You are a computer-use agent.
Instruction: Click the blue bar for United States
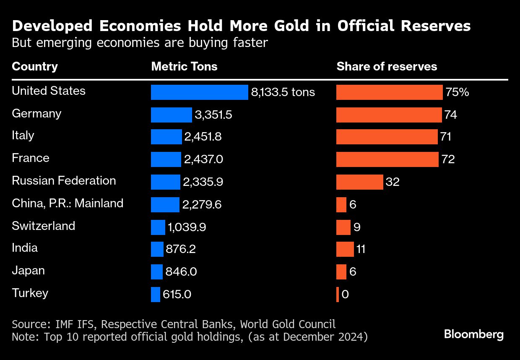(199, 92)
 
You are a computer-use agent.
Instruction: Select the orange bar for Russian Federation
(359, 182)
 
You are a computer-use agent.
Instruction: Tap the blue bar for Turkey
(156, 294)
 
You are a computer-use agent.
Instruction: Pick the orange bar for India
(345, 249)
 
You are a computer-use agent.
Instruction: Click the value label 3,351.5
(213, 115)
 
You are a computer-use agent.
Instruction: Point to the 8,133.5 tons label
(283, 92)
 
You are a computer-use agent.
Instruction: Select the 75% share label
(458, 92)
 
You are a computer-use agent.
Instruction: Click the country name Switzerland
(44, 226)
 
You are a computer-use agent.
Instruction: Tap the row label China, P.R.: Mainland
(68, 203)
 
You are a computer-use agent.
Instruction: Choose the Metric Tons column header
(184, 66)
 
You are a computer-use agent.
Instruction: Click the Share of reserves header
(387, 66)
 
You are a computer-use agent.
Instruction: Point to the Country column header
(35, 66)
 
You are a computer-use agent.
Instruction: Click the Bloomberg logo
(473, 334)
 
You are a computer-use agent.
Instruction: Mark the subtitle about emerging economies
(140, 43)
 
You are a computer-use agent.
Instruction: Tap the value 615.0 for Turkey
(178, 294)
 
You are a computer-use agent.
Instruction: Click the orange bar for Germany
(389, 115)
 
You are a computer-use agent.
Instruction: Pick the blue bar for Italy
(166, 137)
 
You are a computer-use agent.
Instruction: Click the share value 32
(393, 182)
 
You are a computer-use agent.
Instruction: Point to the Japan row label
(28, 271)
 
